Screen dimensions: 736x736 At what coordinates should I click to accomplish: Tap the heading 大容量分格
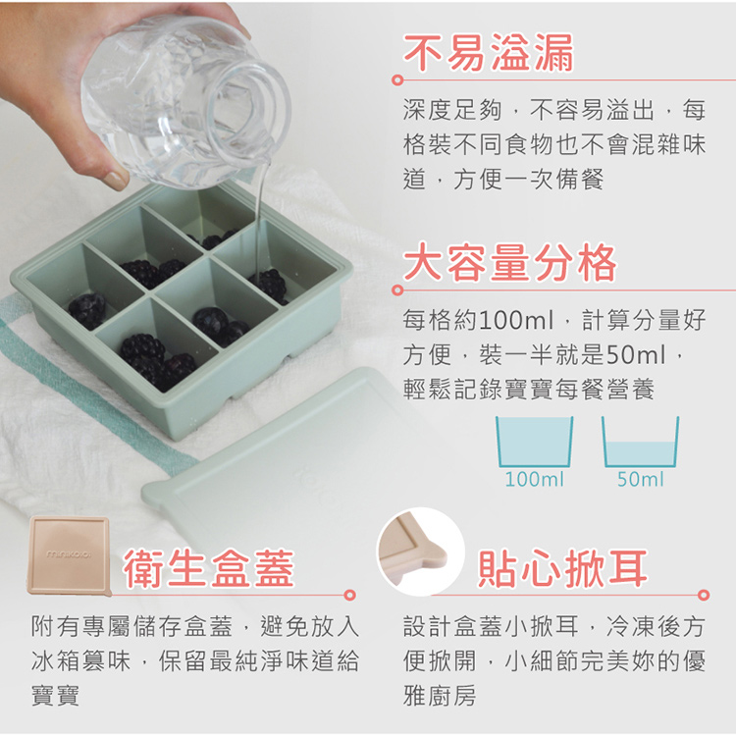pos(510,263)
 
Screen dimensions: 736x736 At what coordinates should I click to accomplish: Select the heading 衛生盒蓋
pos(209,568)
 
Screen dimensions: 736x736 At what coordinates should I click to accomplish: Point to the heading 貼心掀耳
pos(563,568)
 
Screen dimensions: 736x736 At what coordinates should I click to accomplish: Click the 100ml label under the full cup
pos(535,480)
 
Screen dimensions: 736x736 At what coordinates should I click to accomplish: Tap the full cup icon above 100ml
pos(535,441)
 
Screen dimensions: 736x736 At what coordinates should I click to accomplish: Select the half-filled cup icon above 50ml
pos(641,441)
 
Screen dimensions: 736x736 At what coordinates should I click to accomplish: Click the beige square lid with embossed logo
pos(69,553)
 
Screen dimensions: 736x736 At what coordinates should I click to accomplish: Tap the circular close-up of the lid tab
pos(420,550)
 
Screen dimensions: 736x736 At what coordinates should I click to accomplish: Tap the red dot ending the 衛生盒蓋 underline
pos(350,595)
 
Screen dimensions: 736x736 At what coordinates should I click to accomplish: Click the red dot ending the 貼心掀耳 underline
pos(703,595)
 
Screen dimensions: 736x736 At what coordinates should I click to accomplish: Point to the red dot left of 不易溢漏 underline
pos(397,79)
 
